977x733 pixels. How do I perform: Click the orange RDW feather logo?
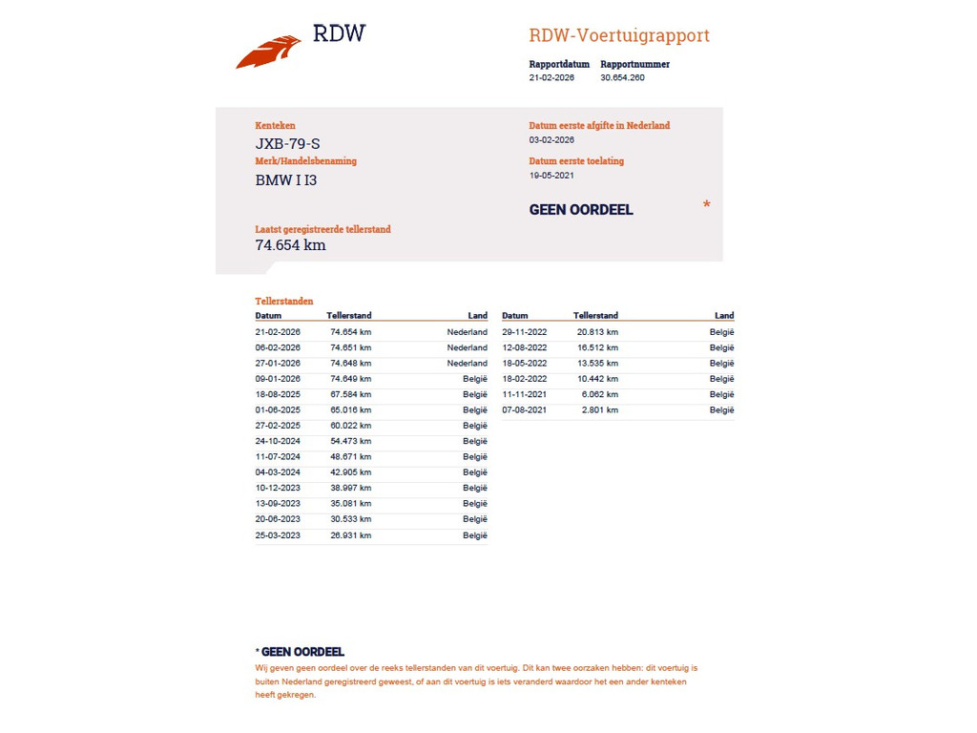pos(268,52)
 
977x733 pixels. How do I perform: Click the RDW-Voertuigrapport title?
pos(619,36)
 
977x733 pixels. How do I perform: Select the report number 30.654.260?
pos(622,78)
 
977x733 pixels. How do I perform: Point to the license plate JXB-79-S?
pos(287,144)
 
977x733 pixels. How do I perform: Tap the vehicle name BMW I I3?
pos(286,179)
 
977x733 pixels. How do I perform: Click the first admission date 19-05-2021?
pos(551,176)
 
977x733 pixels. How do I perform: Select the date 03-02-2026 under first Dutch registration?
pos(551,140)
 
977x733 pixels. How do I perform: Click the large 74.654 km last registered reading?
pos(290,245)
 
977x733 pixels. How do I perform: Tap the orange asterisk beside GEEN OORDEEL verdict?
pos(706,205)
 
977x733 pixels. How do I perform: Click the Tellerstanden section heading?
pos(284,302)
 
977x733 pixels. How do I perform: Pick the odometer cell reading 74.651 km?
pos(350,348)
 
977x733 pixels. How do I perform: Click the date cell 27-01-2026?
pos(278,364)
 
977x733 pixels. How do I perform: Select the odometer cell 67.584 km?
pos(350,394)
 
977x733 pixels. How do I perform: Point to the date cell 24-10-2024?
pos(278,441)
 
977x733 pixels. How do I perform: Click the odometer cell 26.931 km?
pos(350,535)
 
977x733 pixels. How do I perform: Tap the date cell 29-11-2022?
pos(525,332)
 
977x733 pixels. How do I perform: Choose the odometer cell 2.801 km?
pos(600,410)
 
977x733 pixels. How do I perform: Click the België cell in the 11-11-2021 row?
pos(721,395)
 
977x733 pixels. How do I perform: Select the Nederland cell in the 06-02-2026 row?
pos(468,348)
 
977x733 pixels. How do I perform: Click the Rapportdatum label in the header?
pos(559,65)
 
